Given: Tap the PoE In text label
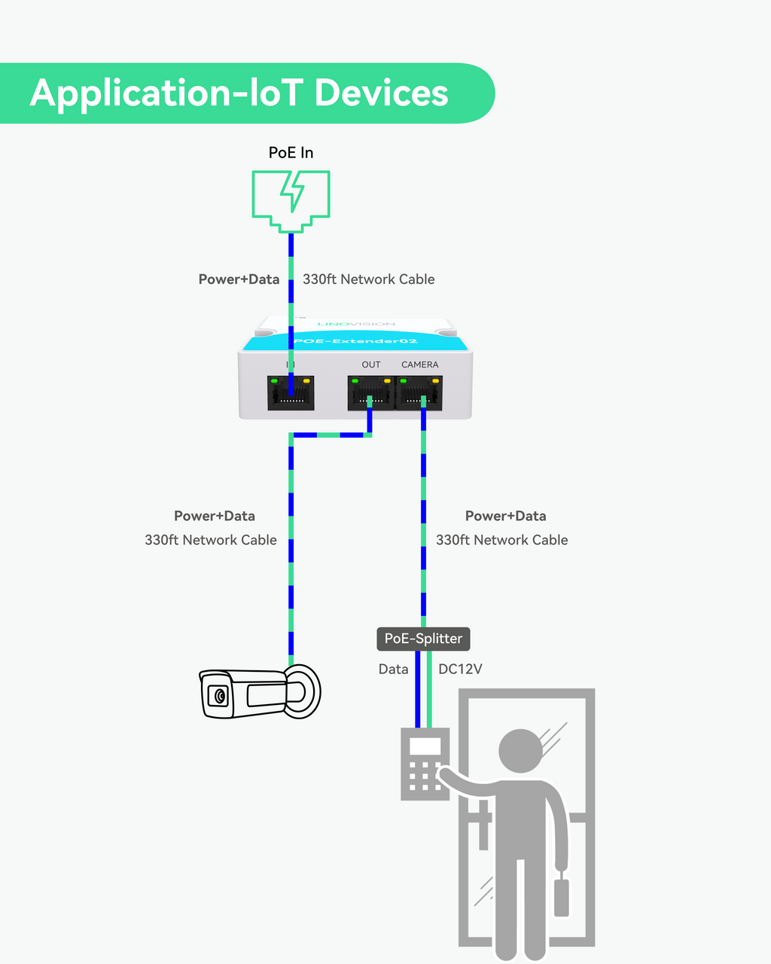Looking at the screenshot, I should (x=291, y=153).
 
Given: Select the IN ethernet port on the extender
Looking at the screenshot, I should (x=291, y=392).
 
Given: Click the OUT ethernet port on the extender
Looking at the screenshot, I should (x=370, y=392).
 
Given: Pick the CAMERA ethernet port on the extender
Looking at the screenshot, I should (x=419, y=392).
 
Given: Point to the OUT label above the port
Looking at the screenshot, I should (x=371, y=365).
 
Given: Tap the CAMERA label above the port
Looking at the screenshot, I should (x=419, y=365).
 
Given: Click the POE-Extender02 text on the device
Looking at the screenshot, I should (x=355, y=341).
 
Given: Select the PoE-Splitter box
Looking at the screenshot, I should (x=423, y=639).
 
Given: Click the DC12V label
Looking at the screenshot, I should (x=460, y=669).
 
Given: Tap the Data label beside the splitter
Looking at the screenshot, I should (x=393, y=669).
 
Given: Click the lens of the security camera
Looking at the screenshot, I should (x=220, y=696).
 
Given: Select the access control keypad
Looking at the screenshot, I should (x=425, y=764).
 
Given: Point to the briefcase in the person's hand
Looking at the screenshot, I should (x=562, y=895).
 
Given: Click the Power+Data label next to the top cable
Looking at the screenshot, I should (x=239, y=279).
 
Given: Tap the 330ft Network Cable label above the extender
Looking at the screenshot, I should (x=369, y=279).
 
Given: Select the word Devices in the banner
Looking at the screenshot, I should (x=381, y=93).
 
